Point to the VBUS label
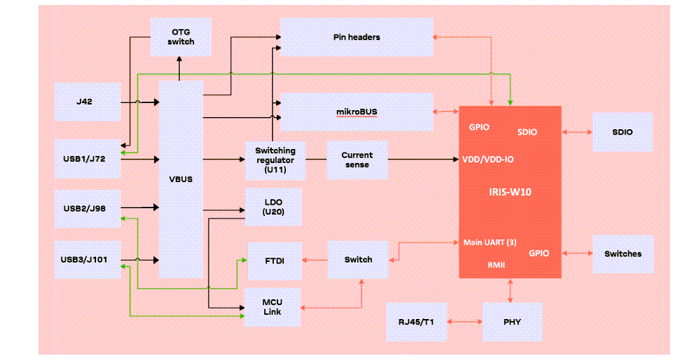click(x=181, y=179)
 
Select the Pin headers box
click(x=357, y=37)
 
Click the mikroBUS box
click(x=357, y=112)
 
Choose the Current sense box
click(x=357, y=160)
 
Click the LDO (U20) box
click(x=273, y=207)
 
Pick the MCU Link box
click(x=273, y=307)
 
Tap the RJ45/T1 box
click(x=417, y=322)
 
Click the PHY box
click(x=512, y=322)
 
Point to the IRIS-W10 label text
click(x=510, y=191)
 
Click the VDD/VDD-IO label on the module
click(x=488, y=159)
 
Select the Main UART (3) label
click(x=489, y=242)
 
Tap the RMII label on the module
click(x=496, y=265)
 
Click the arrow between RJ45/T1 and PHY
click(x=465, y=322)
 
